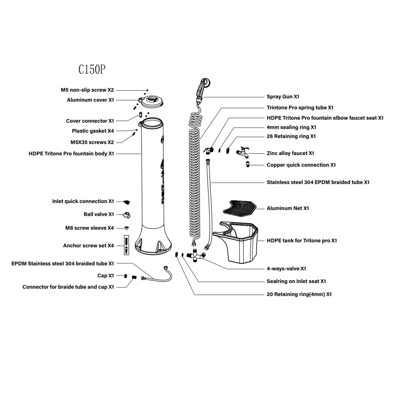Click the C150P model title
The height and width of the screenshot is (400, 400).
[92, 69]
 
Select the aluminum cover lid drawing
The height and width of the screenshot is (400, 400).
[151, 102]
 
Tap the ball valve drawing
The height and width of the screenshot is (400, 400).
[127, 215]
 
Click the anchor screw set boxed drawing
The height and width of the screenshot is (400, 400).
[126, 245]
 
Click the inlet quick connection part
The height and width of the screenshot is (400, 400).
[127, 202]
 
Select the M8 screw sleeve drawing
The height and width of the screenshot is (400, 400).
[127, 228]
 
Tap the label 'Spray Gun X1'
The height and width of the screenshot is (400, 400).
[283, 97]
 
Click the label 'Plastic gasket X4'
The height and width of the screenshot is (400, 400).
[93, 131]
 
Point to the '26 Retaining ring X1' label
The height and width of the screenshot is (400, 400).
[291, 136]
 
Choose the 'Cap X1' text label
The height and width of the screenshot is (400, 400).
[105, 275]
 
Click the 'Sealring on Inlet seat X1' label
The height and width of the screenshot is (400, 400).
[296, 281]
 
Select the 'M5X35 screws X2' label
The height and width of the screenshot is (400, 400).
[92, 142]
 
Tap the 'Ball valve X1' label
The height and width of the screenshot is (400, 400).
[99, 214]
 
